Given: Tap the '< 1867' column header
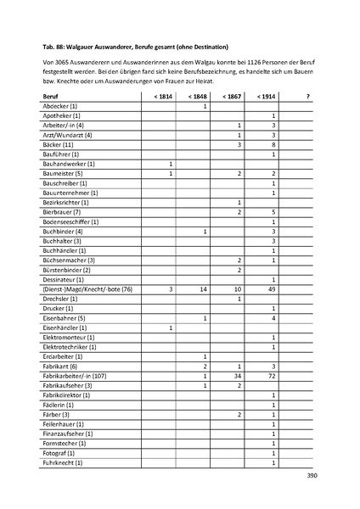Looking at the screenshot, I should click(239, 98).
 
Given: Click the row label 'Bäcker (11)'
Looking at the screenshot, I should click(60, 144).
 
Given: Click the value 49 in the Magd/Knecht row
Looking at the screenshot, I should click(273, 289).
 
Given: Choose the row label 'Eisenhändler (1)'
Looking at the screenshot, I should click(65, 327).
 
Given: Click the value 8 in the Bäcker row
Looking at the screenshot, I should click(273, 144).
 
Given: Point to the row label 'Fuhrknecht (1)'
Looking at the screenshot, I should click(64, 462).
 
